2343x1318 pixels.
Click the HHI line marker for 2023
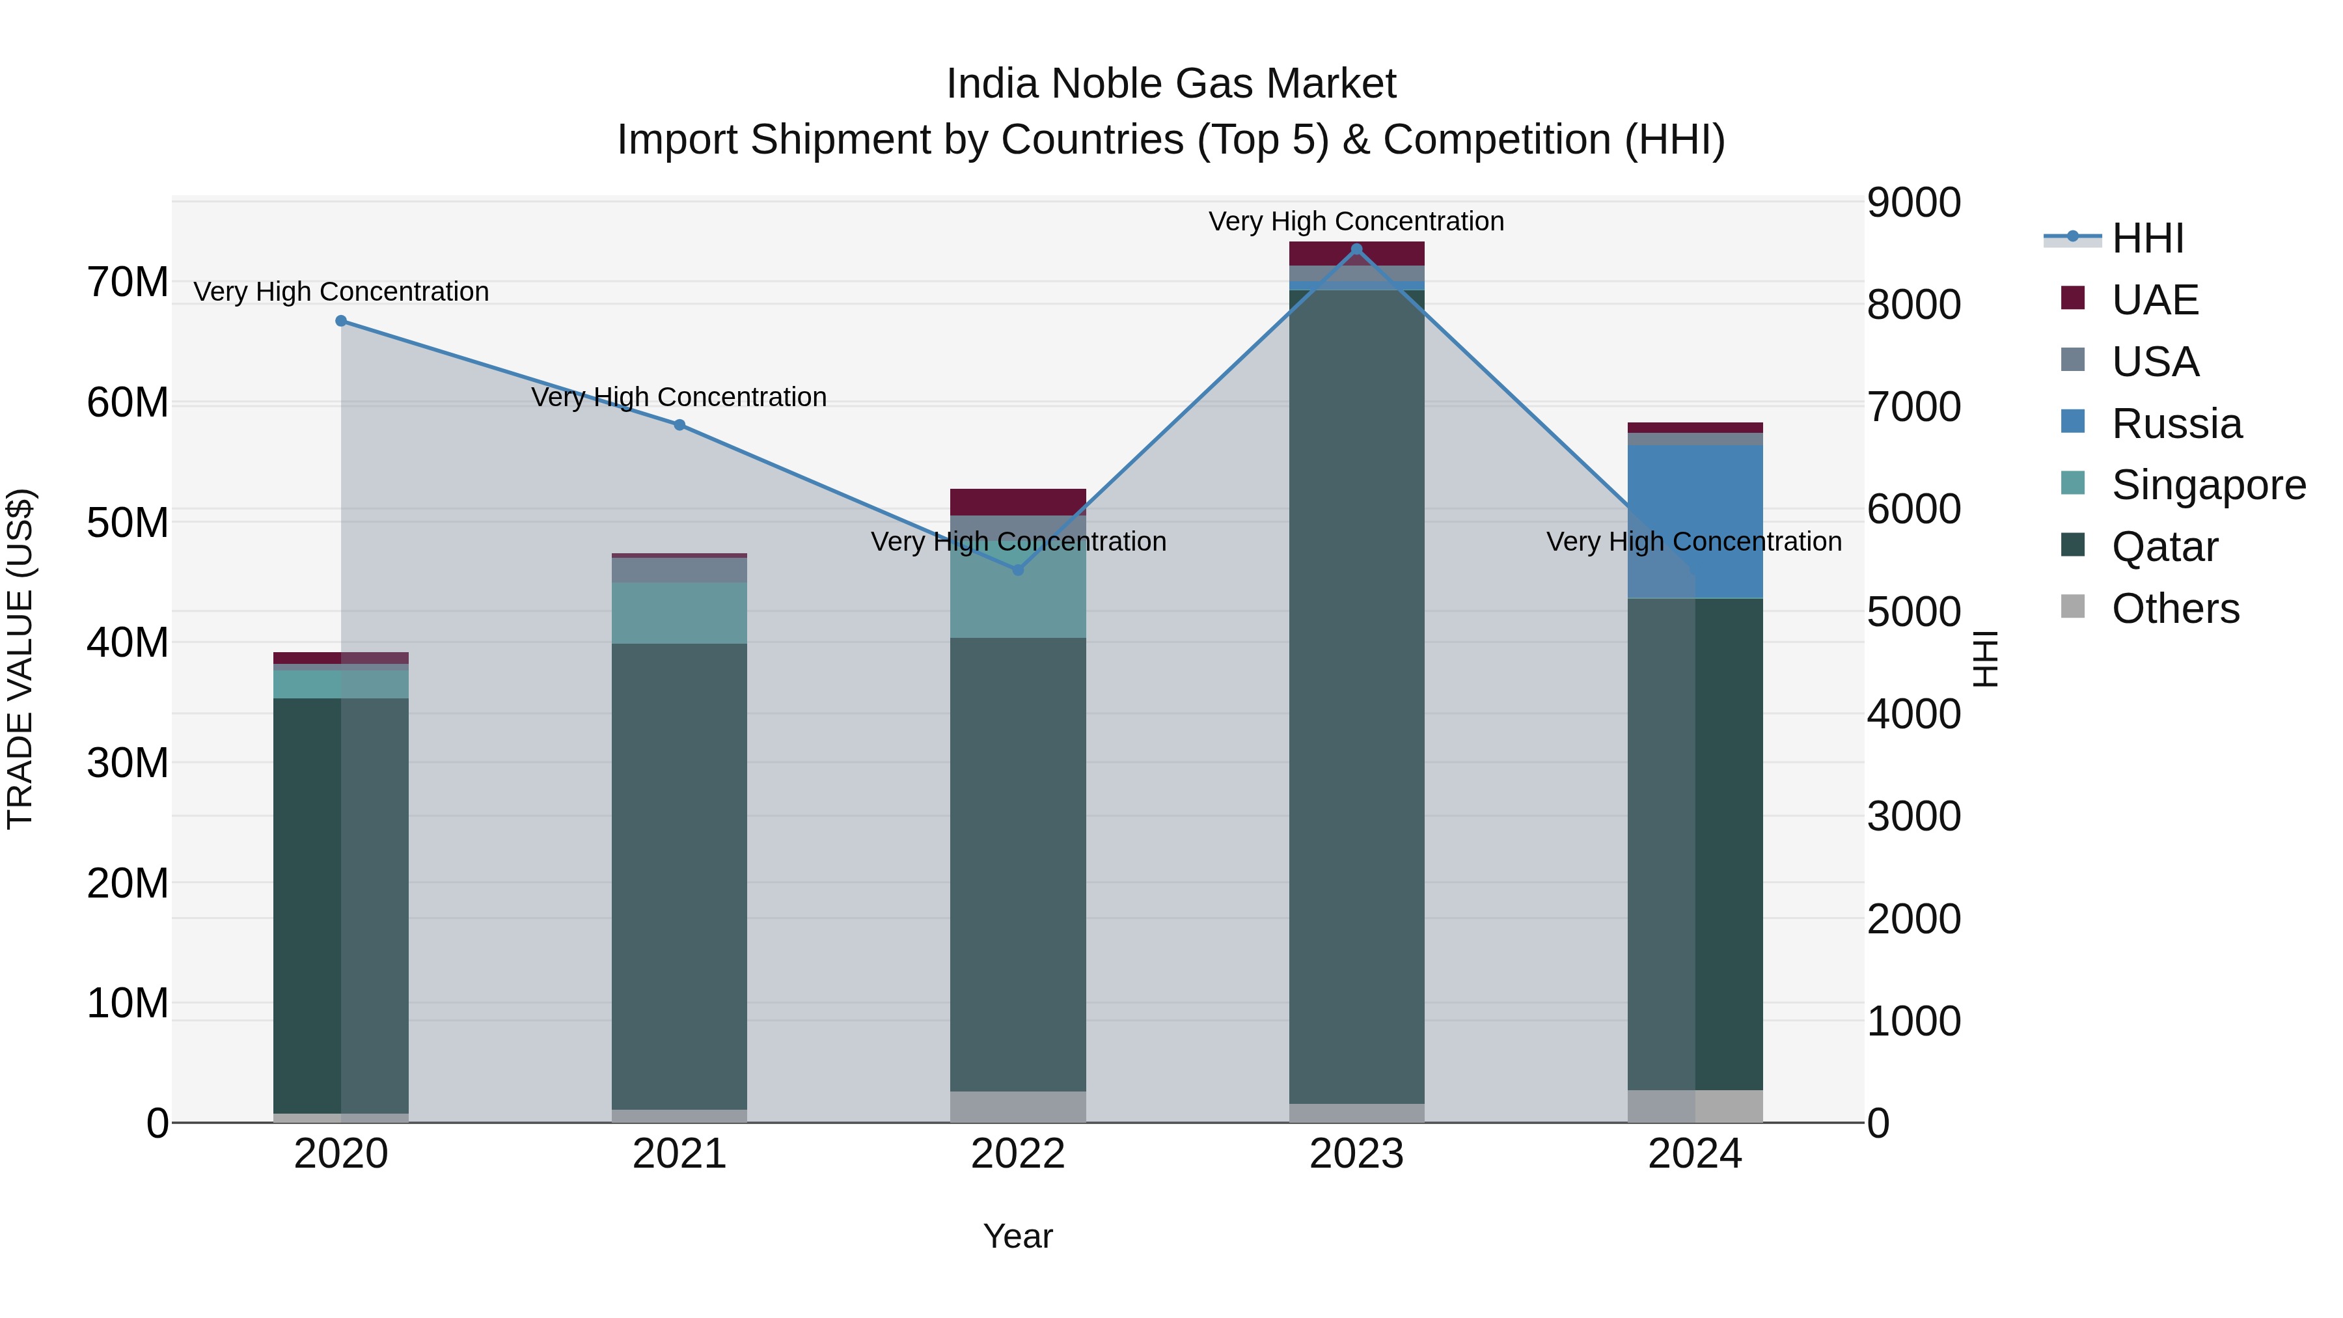click(x=1356, y=249)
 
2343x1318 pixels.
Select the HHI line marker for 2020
click(x=341, y=321)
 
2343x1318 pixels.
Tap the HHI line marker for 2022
click(x=1018, y=570)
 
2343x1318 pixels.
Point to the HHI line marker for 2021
click(x=679, y=425)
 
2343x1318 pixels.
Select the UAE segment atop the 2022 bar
click(x=1018, y=502)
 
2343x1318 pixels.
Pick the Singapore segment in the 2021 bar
click(x=679, y=613)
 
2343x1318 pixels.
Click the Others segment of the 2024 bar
click(x=1695, y=1106)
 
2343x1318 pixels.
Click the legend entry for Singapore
click(x=2208, y=485)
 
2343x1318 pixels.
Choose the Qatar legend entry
click(x=2164, y=547)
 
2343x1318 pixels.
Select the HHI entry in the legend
click(x=2146, y=238)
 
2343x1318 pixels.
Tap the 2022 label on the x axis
click(x=1018, y=1154)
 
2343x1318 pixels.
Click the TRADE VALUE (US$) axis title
click(x=20, y=659)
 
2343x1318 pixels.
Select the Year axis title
click(x=1018, y=1236)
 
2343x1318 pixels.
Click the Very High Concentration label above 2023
click(x=1356, y=221)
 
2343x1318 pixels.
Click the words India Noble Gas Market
click(x=1171, y=84)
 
